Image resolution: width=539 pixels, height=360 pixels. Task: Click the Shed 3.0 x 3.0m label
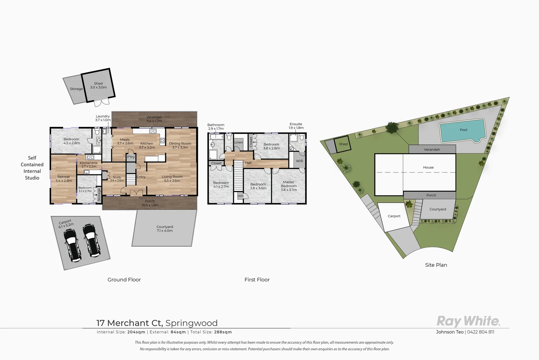98,85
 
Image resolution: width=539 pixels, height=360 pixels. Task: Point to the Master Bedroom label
288,186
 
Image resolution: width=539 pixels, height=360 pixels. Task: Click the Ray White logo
468,321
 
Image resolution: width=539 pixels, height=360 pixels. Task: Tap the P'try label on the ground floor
131,157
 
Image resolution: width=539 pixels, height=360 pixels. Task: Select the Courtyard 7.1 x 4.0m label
165,229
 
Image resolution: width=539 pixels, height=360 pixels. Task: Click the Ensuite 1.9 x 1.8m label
296,126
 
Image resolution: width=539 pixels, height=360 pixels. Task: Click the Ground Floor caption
124,280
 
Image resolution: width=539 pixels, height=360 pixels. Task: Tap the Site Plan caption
436,265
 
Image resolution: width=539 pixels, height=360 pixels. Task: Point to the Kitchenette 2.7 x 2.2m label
89,164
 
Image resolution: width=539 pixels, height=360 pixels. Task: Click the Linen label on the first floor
239,142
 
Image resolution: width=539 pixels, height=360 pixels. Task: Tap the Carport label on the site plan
394,216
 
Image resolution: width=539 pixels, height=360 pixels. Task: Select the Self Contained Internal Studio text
32,168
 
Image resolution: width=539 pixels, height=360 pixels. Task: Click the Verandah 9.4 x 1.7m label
154,119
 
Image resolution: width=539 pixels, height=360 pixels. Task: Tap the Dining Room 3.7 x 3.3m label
180,145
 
